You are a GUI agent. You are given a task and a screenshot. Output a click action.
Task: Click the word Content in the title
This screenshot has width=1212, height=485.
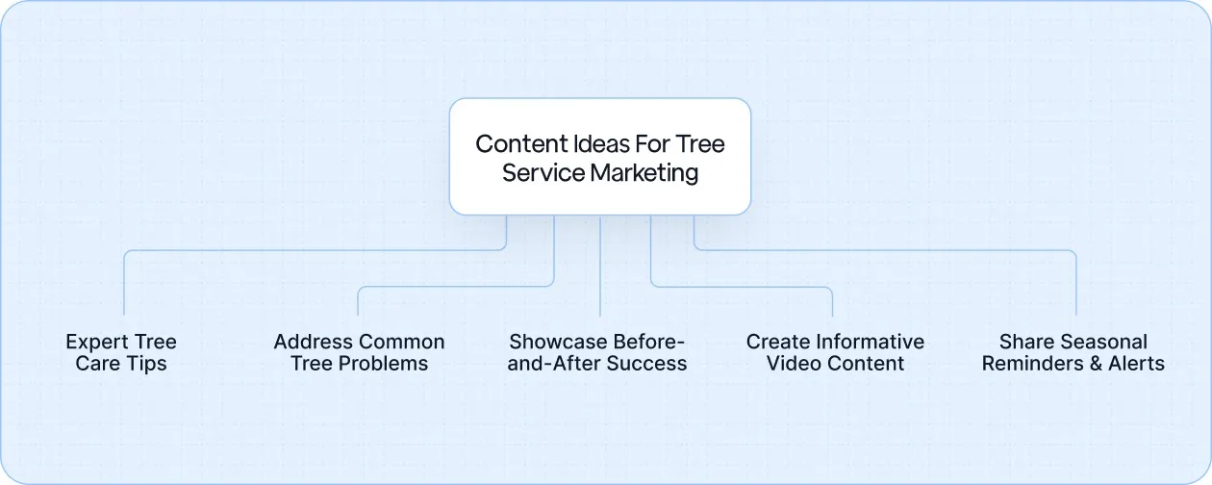pos(518,144)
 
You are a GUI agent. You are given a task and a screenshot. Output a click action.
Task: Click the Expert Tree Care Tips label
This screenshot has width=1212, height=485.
pos(121,352)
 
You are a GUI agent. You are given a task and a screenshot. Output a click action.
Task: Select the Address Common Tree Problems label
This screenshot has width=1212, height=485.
pos(359,352)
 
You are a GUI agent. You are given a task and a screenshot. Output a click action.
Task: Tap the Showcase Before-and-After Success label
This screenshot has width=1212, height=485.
pos(597,352)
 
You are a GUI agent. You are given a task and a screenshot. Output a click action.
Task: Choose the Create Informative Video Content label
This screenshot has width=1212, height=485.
pos(835,352)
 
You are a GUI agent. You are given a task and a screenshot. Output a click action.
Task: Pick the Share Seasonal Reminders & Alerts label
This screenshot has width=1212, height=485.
pos(1073,352)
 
